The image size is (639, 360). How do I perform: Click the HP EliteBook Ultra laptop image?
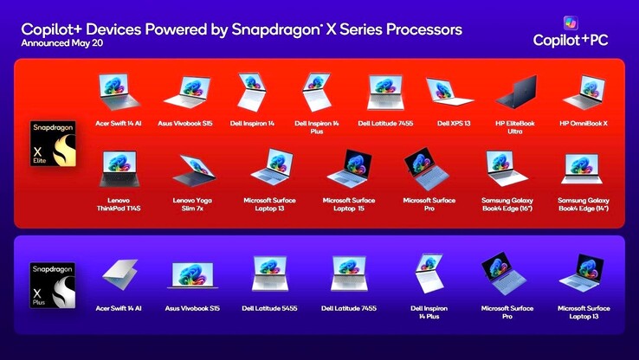coord(515,93)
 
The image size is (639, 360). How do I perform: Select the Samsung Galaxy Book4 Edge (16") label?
coord(507,204)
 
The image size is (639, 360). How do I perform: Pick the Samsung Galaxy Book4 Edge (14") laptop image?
coord(583,169)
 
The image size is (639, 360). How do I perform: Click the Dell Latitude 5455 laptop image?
coord(271,274)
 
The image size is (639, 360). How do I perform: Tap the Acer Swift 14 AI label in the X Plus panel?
coord(119,308)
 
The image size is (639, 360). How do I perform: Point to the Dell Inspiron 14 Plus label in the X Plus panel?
coord(429,312)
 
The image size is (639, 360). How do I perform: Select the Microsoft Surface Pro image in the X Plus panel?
coord(504,273)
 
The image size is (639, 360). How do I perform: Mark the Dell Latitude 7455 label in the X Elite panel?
coord(385,124)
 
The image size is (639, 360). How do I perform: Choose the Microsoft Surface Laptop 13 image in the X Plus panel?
coord(583,273)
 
